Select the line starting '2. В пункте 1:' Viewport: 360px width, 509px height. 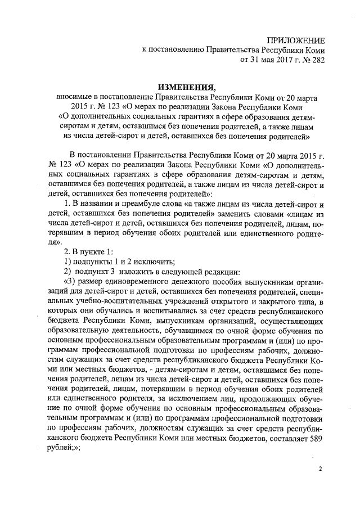[x=89, y=251]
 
